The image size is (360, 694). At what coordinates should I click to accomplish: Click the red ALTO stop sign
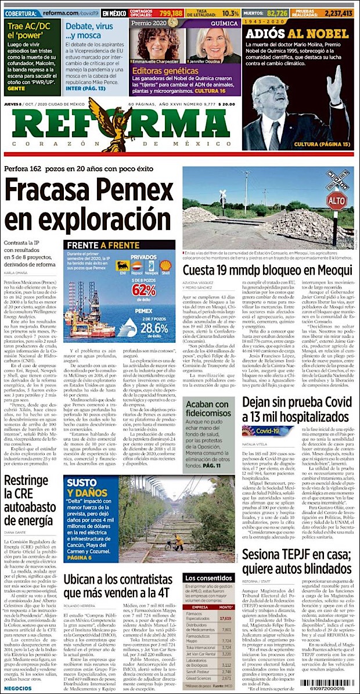[x=337, y=202]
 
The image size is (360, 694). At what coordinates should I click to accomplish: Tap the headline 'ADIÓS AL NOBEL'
[x=297, y=34]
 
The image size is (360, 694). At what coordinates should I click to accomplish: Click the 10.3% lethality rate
[x=231, y=13]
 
